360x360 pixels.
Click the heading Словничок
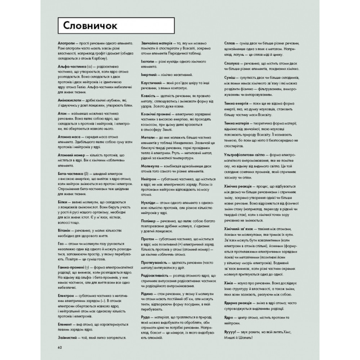(90, 26)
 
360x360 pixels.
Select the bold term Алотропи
(66, 43)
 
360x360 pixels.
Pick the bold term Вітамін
(64, 230)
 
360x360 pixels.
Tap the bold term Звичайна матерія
(157, 43)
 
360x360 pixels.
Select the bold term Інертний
(149, 74)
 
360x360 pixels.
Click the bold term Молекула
(150, 166)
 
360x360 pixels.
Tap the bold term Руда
(145, 317)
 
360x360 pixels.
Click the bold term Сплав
(232, 43)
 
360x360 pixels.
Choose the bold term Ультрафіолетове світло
(244, 155)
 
